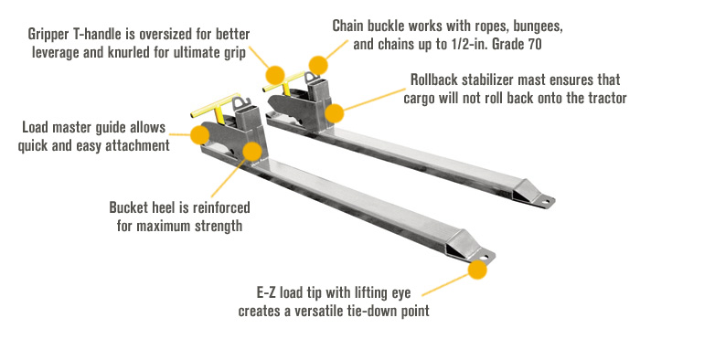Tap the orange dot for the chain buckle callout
point(317,66)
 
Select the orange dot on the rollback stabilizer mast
point(336,114)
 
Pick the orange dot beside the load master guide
point(200,135)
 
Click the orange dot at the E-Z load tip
point(476,270)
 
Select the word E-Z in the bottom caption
point(269,293)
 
